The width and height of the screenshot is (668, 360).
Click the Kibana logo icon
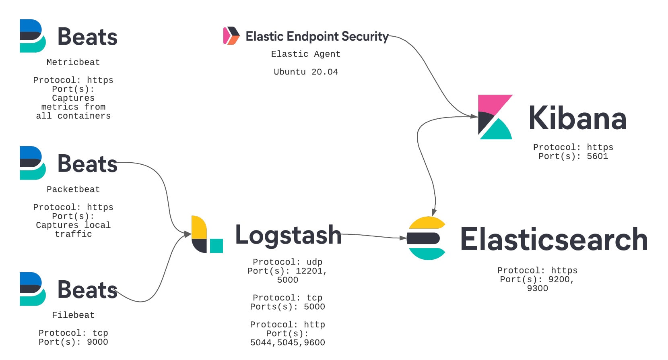coord(495,117)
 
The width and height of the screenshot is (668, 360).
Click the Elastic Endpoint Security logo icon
coord(231,36)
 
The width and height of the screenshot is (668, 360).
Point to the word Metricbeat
coord(73,62)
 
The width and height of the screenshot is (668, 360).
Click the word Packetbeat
coord(73,189)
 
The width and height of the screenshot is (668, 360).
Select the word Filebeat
coord(73,315)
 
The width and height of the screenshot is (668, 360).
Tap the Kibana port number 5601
coord(597,156)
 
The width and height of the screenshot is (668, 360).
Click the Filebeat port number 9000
coord(97,342)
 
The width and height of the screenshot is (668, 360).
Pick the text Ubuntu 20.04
coord(305,72)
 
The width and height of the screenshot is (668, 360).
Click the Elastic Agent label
coord(305,54)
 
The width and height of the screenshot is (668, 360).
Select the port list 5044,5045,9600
coord(287,343)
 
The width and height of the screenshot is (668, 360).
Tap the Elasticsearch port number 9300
coord(537,288)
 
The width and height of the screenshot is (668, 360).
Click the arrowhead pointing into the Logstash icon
coord(188,234)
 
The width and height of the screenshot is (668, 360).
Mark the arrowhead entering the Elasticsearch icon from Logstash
coord(403,238)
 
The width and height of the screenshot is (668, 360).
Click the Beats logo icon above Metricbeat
coord(33,36)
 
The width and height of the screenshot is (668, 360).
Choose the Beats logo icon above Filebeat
coord(33,289)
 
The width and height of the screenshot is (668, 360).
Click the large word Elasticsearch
coord(553,239)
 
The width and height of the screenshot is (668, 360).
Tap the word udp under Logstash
coord(314,262)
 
